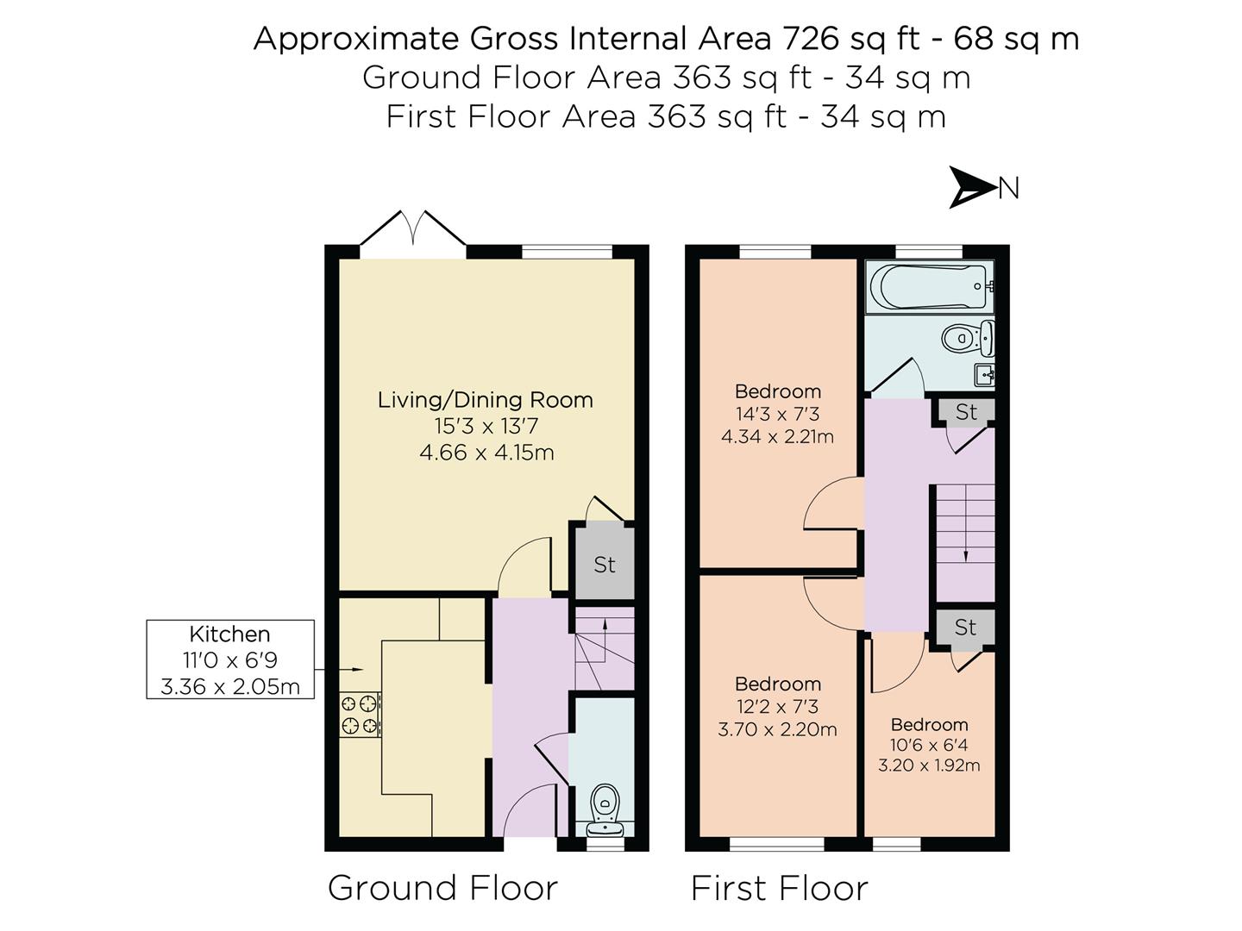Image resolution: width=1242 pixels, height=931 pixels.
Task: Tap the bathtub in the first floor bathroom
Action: point(931,287)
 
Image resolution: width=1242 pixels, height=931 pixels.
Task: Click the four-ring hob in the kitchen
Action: point(360,714)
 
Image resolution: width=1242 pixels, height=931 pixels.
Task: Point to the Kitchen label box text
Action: point(229,659)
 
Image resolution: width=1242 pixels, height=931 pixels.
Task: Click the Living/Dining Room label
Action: point(486,400)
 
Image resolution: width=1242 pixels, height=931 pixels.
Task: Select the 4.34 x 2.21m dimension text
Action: point(777,437)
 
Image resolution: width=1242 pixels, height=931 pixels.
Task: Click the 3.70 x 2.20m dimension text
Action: point(777,729)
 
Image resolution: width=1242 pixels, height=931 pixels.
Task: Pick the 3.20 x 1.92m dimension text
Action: point(929,765)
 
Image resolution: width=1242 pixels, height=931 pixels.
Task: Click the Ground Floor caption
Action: point(442,888)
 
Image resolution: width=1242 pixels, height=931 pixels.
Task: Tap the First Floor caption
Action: point(779,888)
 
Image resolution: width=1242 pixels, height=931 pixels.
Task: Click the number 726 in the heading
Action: point(810,40)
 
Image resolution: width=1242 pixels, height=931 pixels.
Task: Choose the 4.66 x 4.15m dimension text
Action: point(486,453)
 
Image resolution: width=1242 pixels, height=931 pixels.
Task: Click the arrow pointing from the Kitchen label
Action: point(338,670)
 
